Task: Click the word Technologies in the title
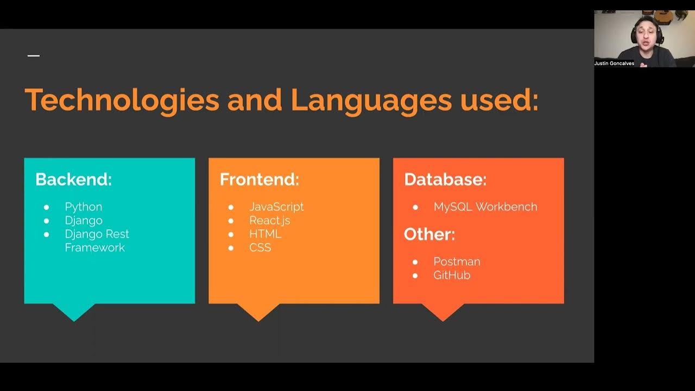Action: click(122, 100)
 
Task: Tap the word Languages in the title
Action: click(371, 100)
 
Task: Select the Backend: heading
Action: click(73, 180)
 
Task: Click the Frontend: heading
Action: click(259, 180)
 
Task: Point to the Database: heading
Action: click(445, 180)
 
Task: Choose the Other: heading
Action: click(429, 235)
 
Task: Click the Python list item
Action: click(83, 207)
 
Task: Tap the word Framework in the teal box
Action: click(94, 248)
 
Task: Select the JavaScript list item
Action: click(276, 207)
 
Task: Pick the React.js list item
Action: click(269, 220)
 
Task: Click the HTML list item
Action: click(265, 234)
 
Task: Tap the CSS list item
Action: click(260, 248)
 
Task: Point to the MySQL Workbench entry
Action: click(485, 207)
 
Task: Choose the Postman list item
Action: click(457, 262)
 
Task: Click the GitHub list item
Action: click(452, 275)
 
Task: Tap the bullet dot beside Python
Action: click(46, 207)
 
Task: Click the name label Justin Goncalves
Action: click(614, 64)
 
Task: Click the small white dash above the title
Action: click(34, 55)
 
